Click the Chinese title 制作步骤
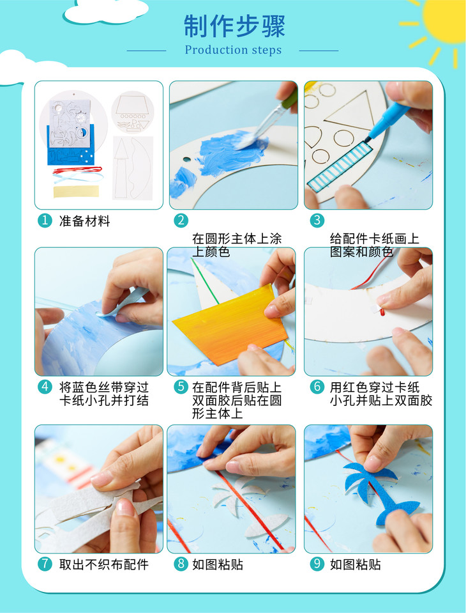(x=234, y=26)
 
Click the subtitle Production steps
(x=233, y=50)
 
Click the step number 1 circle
(x=45, y=221)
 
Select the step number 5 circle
(x=181, y=387)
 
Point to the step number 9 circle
(x=317, y=564)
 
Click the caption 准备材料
(x=85, y=221)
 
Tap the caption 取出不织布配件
(x=104, y=564)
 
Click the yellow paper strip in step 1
(x=76, y=191)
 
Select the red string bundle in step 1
(x=77, y=170)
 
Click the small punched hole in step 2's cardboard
(x=186, y=160)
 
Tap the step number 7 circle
(x=45, y=564)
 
